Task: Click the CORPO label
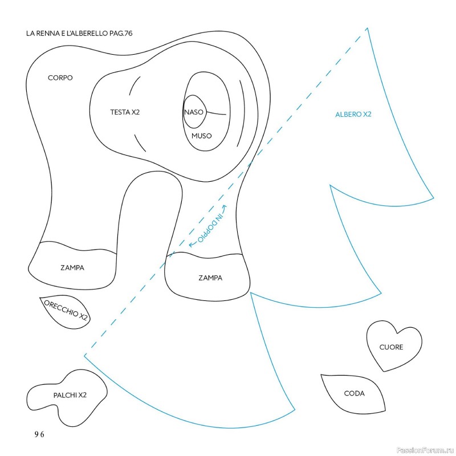60,78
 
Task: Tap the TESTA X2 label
125,112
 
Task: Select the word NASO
193,112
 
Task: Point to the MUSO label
201,136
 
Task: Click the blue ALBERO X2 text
353,115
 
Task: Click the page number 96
39,434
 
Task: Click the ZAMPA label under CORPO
72,267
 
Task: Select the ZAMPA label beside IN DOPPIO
210,278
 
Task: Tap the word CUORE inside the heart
391,347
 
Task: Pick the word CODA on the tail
354,393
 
